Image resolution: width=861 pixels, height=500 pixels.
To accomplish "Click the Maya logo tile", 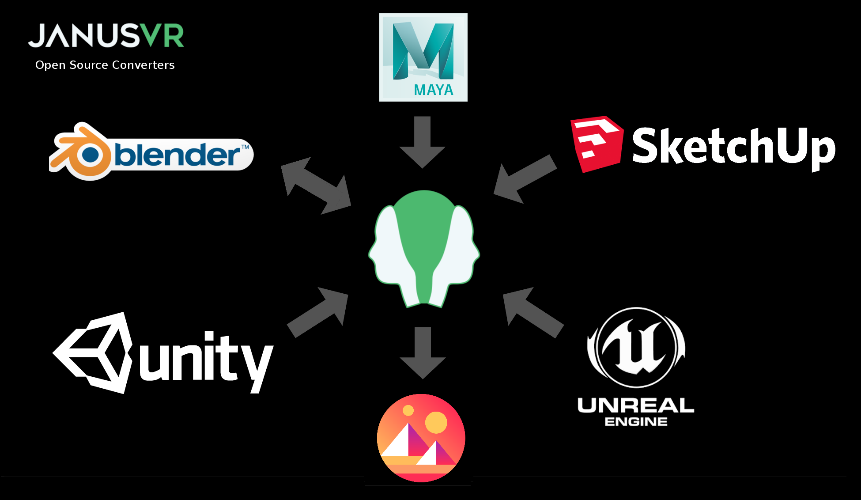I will click(423, 57).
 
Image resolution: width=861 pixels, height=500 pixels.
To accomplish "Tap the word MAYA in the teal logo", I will click(434, 90).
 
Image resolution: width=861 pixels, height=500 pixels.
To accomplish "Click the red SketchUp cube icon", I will click(597, 144).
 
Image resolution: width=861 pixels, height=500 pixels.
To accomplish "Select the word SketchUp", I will click(733, 146).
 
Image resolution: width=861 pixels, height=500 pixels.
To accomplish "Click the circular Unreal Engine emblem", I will click(636, 347).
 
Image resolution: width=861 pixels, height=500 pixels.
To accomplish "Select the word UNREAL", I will click(636, 405).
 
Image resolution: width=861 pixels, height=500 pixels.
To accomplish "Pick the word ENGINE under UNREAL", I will click(636, 422).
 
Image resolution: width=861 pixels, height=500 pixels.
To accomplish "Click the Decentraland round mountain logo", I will click(421, 438).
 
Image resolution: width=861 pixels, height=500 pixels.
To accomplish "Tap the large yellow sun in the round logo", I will click(436, 423).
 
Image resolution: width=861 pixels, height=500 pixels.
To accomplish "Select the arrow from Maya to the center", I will click(423, 141).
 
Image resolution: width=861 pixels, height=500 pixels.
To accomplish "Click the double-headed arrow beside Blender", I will click(316, 186).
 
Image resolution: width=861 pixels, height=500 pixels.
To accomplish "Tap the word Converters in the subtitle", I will click(143, 65).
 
